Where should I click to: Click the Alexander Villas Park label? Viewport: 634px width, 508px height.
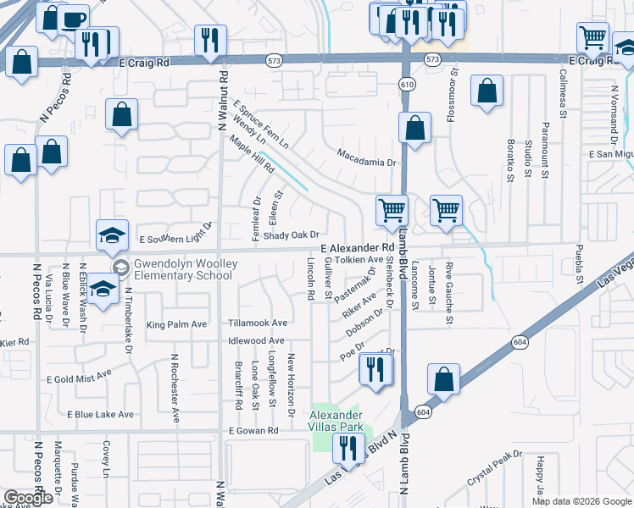[x=336, y=420]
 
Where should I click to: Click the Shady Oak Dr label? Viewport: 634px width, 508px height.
[x=291, y=235]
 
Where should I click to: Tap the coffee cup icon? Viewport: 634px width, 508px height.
[x=74, y=19]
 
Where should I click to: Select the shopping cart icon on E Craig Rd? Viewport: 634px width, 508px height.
[x=592, y=36]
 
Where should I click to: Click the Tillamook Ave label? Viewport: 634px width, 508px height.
[x=258, y=323]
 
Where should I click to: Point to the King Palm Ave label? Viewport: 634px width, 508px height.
[x=177, y=325]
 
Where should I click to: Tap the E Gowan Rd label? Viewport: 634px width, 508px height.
[x=253, y=431]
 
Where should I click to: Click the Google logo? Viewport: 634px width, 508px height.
[x=27, y=498]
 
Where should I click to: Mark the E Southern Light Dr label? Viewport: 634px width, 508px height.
[x=175, y=240]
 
